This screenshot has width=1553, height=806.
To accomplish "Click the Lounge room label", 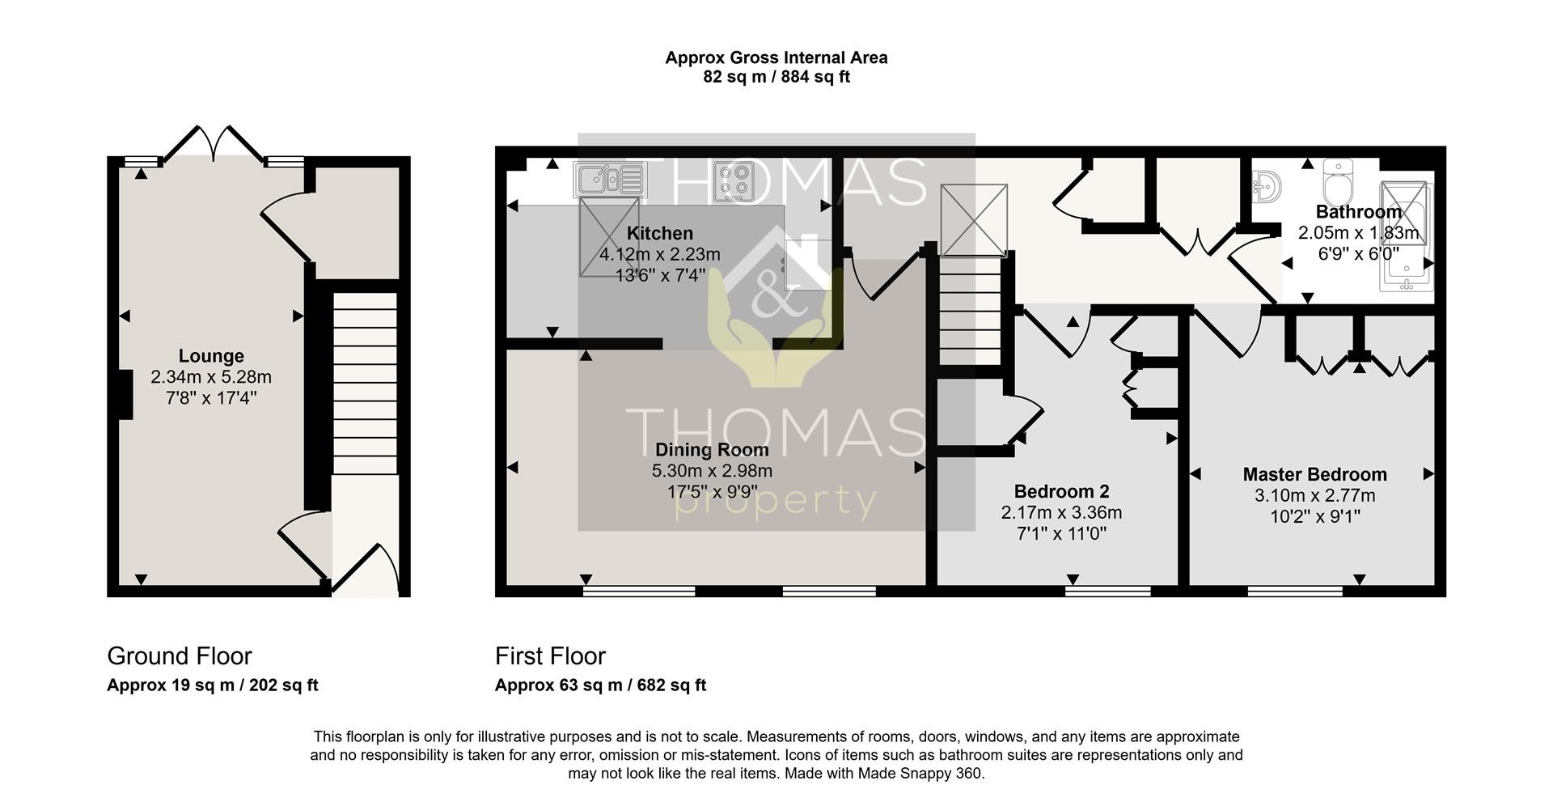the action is tap(211, 356).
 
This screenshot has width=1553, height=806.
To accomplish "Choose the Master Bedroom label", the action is tap(1314, 474).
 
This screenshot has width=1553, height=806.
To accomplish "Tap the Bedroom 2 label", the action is tap(1061, 491).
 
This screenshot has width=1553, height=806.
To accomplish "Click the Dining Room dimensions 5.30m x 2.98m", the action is tap(712, 470).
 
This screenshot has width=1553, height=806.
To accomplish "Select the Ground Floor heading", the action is tap(180, 655).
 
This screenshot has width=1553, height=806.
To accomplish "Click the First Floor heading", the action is tap(550, 655).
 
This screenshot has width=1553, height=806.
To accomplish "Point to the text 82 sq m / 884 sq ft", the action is tap(776, 77).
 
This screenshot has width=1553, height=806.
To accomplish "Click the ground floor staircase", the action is tap(366, 382).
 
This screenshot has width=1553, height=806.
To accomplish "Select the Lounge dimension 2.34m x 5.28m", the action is tap(211, 377).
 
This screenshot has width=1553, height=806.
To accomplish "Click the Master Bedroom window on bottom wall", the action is tap(1295, 591).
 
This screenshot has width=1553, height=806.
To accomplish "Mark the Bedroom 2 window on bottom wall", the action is tap(1107, 591).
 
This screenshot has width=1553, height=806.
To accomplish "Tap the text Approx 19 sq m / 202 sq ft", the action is tap(213, 685).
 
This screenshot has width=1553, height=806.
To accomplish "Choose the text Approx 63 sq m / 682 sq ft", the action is tap(600, 685).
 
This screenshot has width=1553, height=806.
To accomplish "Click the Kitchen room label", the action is tap(660, 234).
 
